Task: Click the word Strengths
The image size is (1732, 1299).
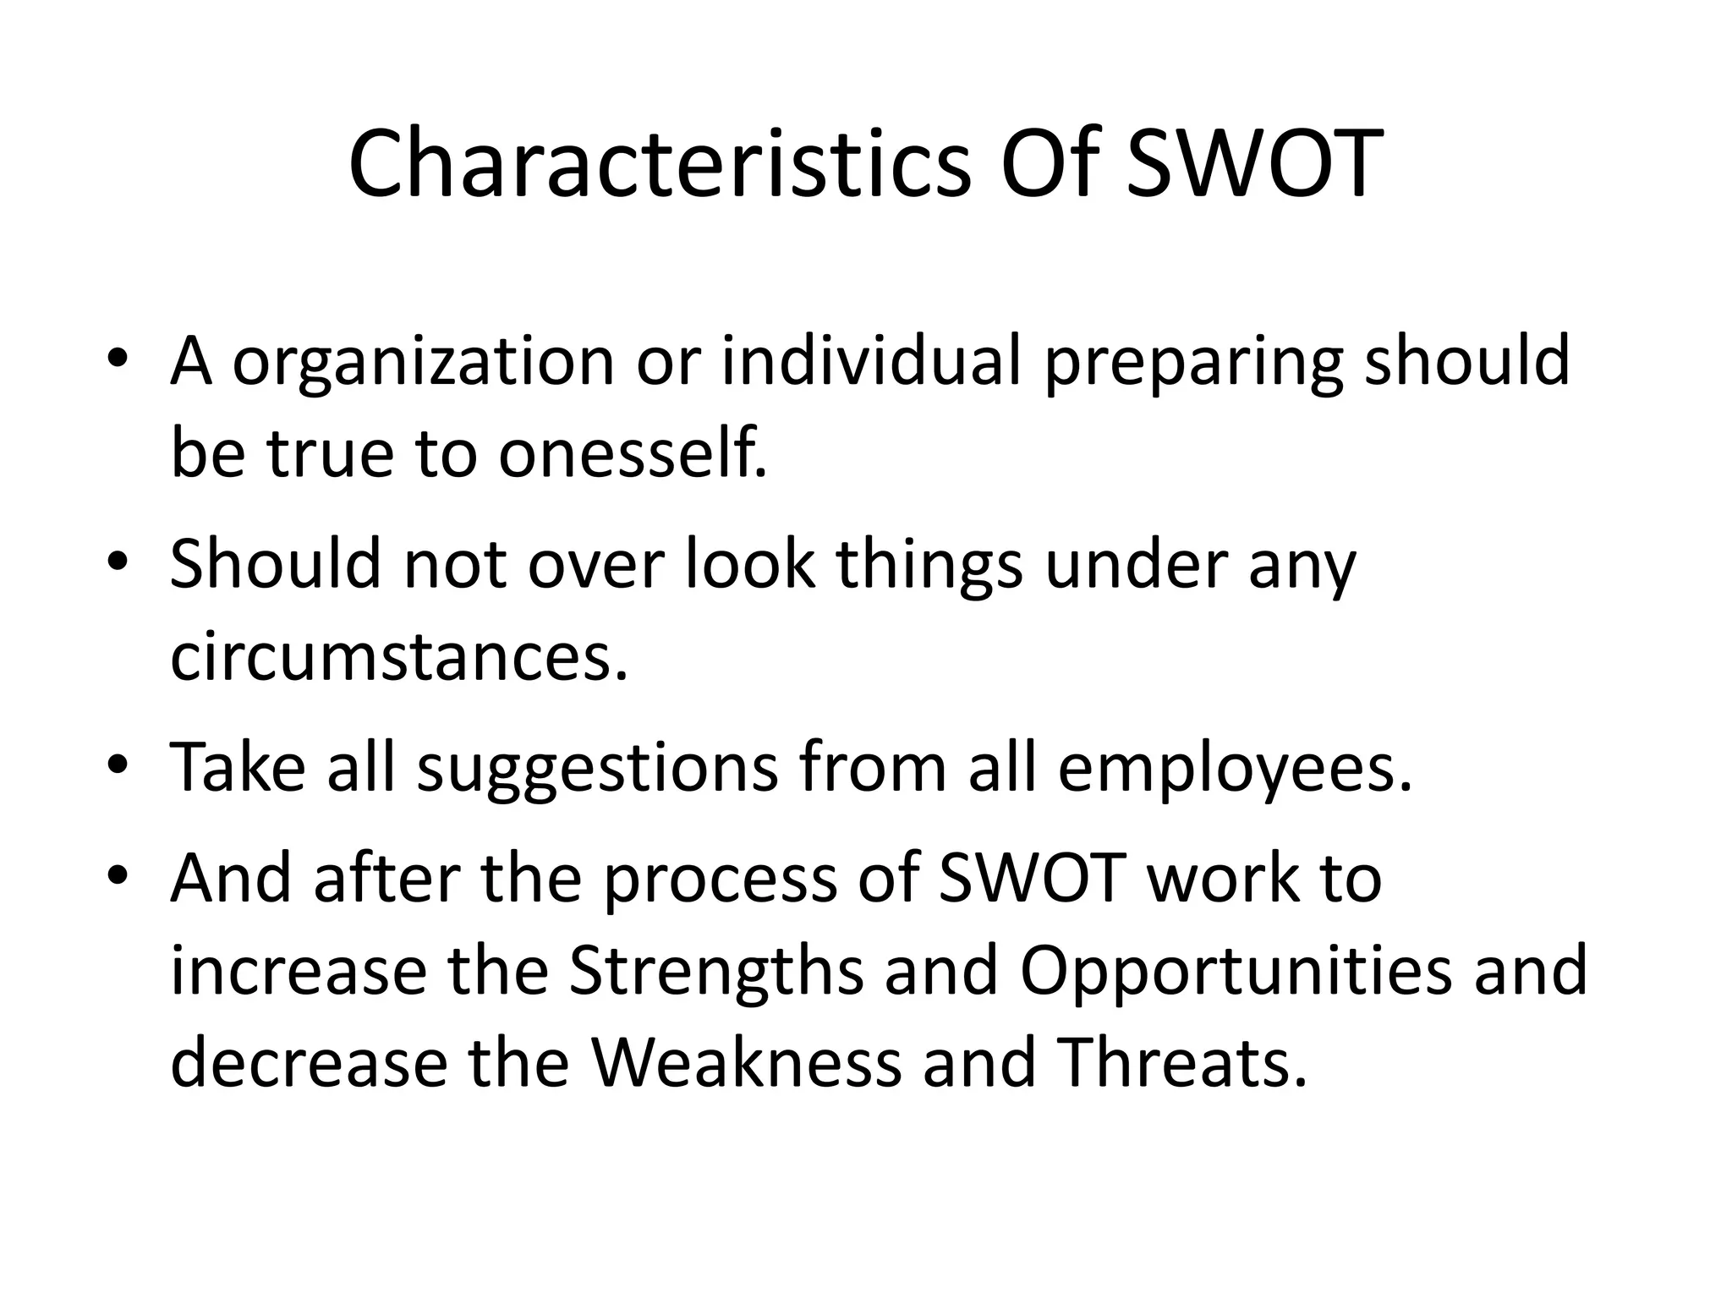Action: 715,970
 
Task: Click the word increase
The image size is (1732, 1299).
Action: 298,971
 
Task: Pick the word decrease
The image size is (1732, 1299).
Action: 308,1062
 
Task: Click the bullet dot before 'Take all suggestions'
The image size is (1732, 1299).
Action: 118,765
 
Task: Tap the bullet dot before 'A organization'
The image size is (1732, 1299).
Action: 118,359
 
